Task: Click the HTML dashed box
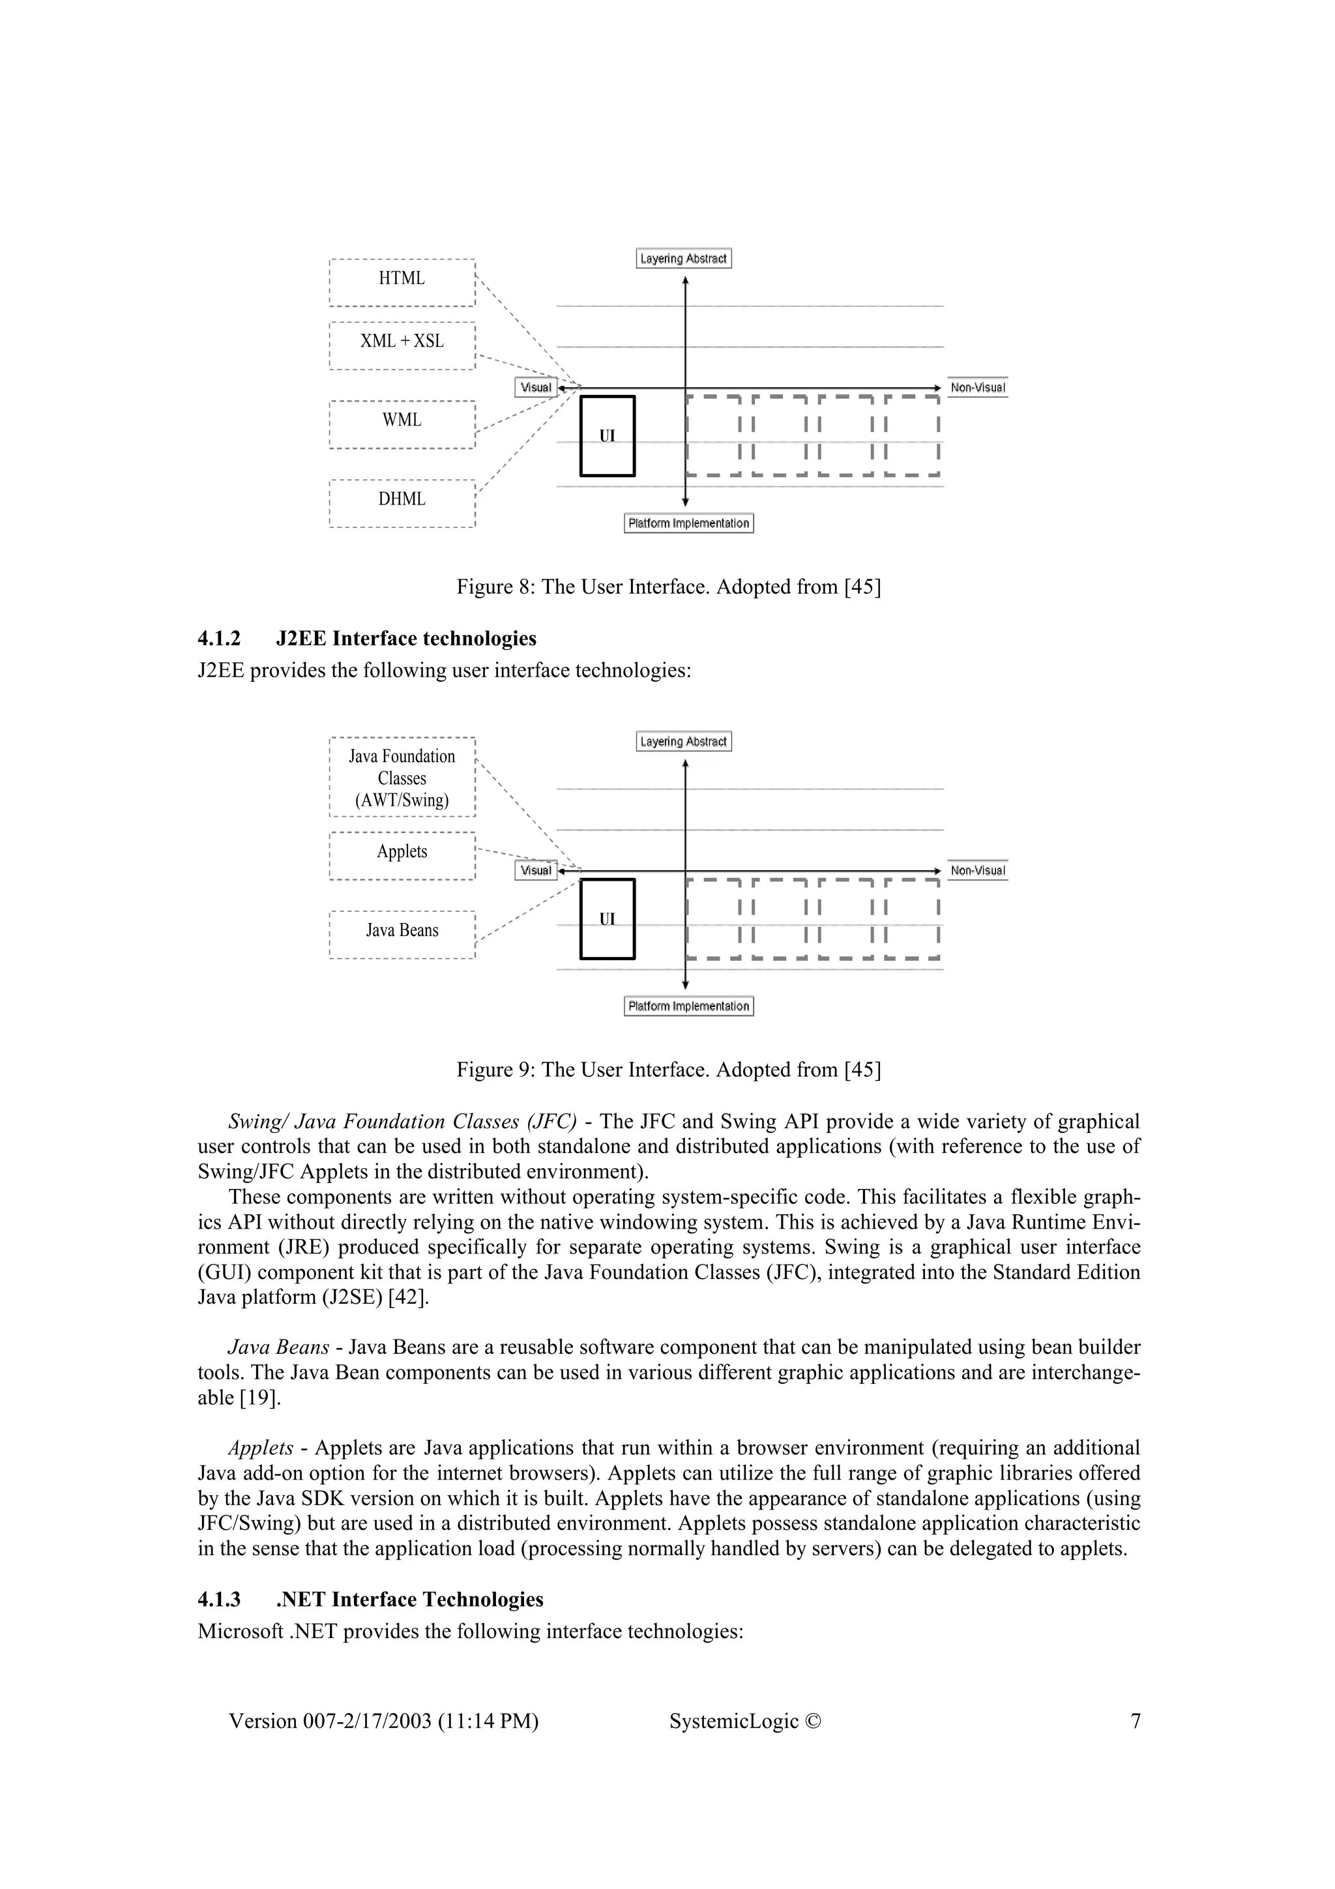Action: [402, 282]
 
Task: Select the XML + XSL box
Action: [402, 345]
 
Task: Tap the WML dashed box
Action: [402, 424]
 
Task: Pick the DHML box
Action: [402, 503]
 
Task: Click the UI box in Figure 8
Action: [607, 436]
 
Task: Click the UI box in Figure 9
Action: [607, 919]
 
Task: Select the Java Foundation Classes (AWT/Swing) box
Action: [402, 777]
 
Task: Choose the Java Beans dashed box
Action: [402, 934]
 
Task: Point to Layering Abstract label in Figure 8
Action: [684, 258]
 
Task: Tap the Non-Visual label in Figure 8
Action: [977, 387]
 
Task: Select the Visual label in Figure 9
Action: [535, 870]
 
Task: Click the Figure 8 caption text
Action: [668, 587]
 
